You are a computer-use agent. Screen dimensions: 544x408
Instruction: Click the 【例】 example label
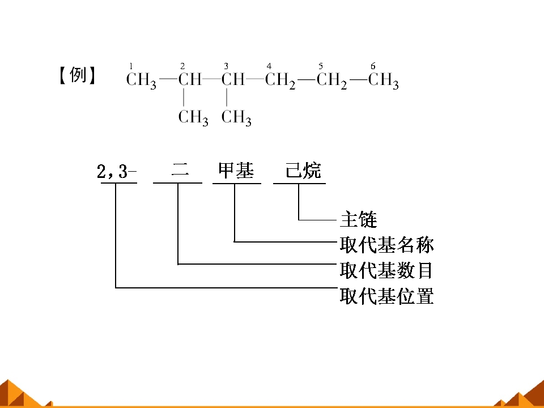point(77,75)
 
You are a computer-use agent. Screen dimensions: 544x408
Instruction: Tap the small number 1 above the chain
point(131,66)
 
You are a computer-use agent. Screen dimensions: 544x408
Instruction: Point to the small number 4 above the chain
point(269,66)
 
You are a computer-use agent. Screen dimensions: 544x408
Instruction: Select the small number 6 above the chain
point(373,66)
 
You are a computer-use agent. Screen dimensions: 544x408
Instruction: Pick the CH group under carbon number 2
point(190,79)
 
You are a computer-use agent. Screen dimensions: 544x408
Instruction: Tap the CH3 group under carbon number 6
point(384,81)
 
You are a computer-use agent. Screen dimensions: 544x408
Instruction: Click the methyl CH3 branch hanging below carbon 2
point(193,118)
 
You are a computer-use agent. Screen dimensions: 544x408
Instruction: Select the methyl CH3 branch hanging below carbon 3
point(236,118)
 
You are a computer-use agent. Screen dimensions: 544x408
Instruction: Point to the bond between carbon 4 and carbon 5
point(306,80)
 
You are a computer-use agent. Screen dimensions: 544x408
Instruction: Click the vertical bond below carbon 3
point(227,97)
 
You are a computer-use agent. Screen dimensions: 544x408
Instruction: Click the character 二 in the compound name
point(180,171)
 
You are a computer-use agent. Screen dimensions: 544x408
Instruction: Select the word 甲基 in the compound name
point(236,171)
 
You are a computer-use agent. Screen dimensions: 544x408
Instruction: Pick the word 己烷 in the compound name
point(303,171)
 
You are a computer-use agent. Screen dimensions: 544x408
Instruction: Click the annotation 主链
point(358,219)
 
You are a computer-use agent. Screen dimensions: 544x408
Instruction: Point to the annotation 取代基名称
point(386,245)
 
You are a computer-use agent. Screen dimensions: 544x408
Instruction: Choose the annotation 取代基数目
point(386,270)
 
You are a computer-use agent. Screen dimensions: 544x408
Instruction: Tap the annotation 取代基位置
point(386,296)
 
